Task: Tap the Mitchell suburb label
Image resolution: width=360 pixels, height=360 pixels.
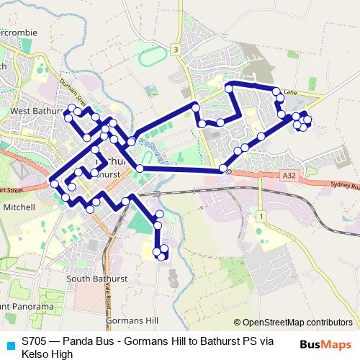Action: [19, 207]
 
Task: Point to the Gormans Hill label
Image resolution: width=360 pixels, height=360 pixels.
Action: [127, 320]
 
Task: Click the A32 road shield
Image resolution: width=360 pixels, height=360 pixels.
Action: [289, 175]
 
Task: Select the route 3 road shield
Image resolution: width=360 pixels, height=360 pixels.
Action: [174, 49]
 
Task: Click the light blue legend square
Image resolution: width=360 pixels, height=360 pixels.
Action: [8, 345]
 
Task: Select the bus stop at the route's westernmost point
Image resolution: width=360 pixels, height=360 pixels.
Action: [54, 184]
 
